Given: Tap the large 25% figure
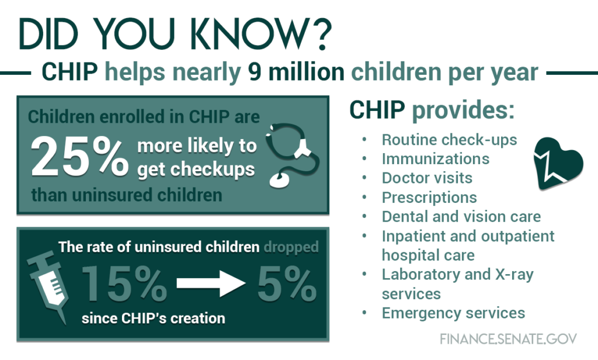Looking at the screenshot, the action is point(79,157).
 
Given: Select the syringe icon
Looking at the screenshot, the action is point(48,286).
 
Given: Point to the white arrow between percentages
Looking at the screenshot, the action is point(211,283).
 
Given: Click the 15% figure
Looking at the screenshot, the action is point(124,283).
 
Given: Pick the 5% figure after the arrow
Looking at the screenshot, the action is point(287,283).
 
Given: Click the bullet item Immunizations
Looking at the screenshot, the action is point(436,159).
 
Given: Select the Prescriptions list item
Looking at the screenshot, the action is point(429,198).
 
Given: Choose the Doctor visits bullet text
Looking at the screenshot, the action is point(427,178).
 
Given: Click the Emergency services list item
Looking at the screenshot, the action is point(453,313).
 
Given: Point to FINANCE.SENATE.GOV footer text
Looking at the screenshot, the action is point(509,338).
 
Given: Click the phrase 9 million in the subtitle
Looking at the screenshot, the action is point(296,71).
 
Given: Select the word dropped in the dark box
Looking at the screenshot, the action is point(291,248).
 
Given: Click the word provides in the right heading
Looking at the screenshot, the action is point(463,110).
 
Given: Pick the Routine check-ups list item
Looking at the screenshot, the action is point(450,140).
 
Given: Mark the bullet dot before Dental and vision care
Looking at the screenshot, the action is point(364,216).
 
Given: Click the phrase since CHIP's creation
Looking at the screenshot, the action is point(154,318).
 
